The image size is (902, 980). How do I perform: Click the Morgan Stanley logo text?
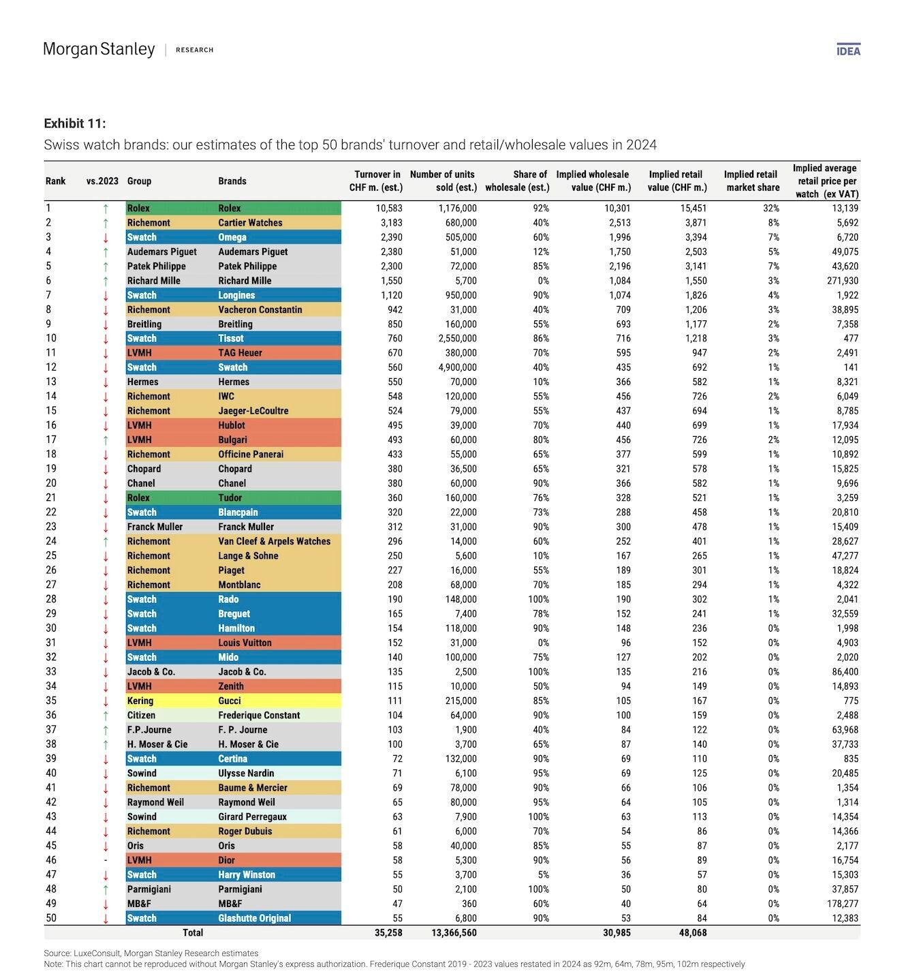tap(99, 49)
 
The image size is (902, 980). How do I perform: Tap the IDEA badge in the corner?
tap(848, 50)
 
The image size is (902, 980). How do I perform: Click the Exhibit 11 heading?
tap(75, 123)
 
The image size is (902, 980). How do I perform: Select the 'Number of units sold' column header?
tap(443, 181)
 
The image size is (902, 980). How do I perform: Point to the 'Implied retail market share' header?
tap(751, 181)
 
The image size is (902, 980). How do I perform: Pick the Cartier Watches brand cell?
tap(250, 223)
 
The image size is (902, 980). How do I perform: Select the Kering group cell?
tap(140, 701)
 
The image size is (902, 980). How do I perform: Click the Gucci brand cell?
tap(230, 701)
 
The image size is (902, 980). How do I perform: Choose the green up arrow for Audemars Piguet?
tap(106, 252)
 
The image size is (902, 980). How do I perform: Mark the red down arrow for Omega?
tap(106, 238)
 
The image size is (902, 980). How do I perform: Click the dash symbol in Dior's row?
tap(106, 860)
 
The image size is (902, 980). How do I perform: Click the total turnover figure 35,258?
tap(388, 932)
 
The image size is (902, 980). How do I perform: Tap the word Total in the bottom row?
tap(193, 932)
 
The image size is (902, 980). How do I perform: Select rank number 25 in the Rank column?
tap(51, 555)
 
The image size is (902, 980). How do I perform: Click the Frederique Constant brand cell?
tap(259, 716)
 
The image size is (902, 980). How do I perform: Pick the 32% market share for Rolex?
tap(771, 208)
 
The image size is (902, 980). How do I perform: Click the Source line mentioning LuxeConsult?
tap(151, 953)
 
